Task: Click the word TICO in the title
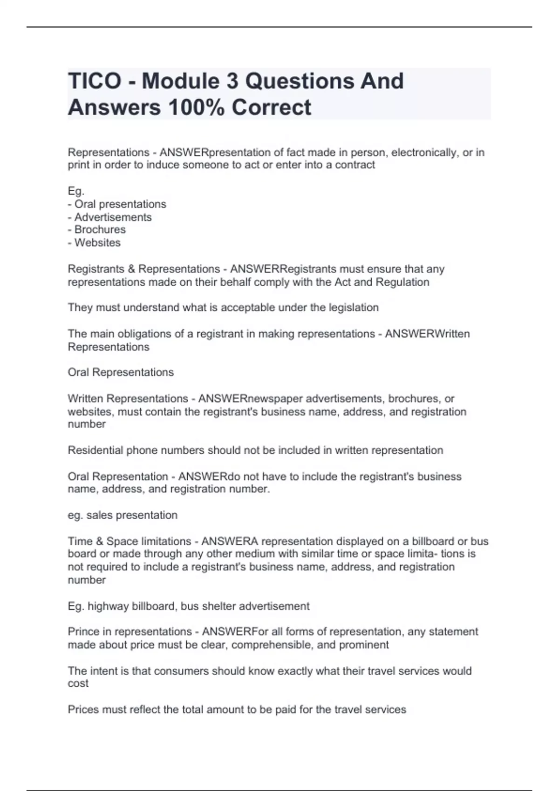(x=95, y=81)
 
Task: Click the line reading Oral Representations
(x=121, y=372)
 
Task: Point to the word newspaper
(x=275, y=399)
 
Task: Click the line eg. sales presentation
(x=123, y=515)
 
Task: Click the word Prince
(x=83, y=632)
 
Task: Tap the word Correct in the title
(x=271, y=107)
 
